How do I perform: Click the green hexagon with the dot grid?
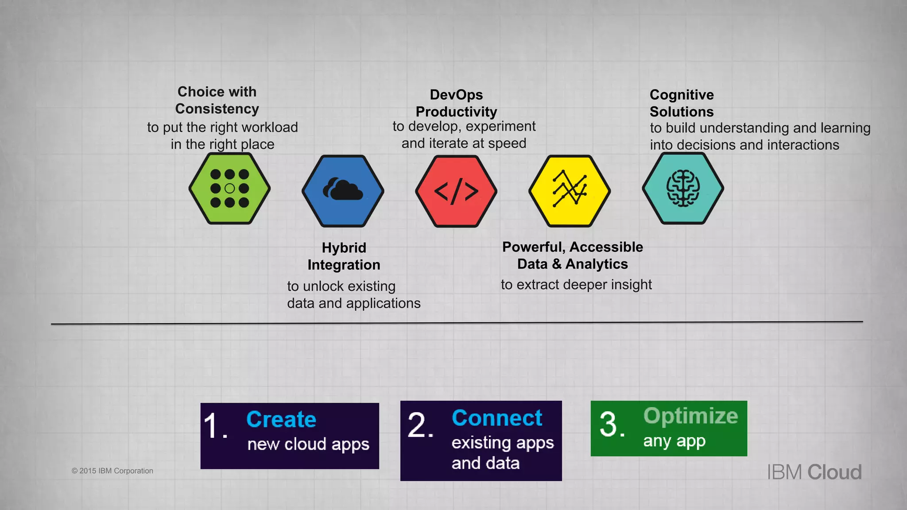(x=229, y=189)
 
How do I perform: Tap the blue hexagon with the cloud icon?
(x=343, y=191)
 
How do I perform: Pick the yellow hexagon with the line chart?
(x=570, y=191)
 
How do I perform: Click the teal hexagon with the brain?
(x=683, y=189)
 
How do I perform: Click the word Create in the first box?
(x=281, y=419)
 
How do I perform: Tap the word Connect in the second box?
(x=497, y=418)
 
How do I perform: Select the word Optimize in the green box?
(x=690, y=416)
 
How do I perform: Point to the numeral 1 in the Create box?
(x=212, y=426)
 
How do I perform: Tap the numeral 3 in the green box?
(x=609, y=424)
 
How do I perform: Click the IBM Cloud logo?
(x=814, y=472)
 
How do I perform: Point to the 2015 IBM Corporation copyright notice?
(x=112, y=471)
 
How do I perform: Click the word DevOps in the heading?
(x=456, y=95)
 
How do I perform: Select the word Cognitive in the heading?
(x=682, y=95)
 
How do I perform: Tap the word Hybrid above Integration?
(x=344, y=247)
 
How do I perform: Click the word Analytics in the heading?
(x=597, y=264)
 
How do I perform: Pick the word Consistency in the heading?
(x=217, y=109)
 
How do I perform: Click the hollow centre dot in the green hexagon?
(x=229, y=189)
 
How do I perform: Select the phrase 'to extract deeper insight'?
(x=576, y=285)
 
